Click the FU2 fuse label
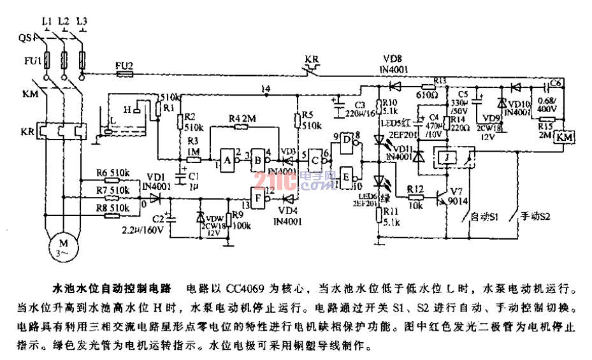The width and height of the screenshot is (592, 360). pos(124,66)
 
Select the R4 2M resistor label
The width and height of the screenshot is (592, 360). pos(242,118)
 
